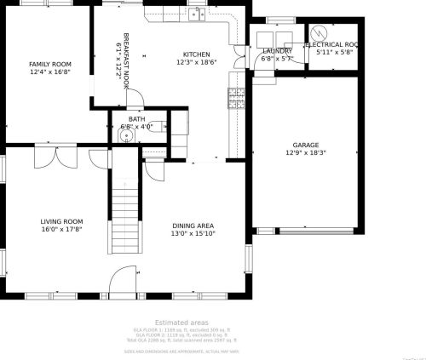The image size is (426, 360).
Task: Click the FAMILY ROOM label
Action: tap(49, 64)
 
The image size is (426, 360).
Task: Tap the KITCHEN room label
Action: tap(197, 53)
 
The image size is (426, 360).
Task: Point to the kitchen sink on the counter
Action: tap(196, 14)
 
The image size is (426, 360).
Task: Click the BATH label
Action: tap(137, 119)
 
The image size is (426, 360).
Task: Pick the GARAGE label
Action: tap(306, 146)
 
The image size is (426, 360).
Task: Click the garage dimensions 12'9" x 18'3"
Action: tap(306, 153)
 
